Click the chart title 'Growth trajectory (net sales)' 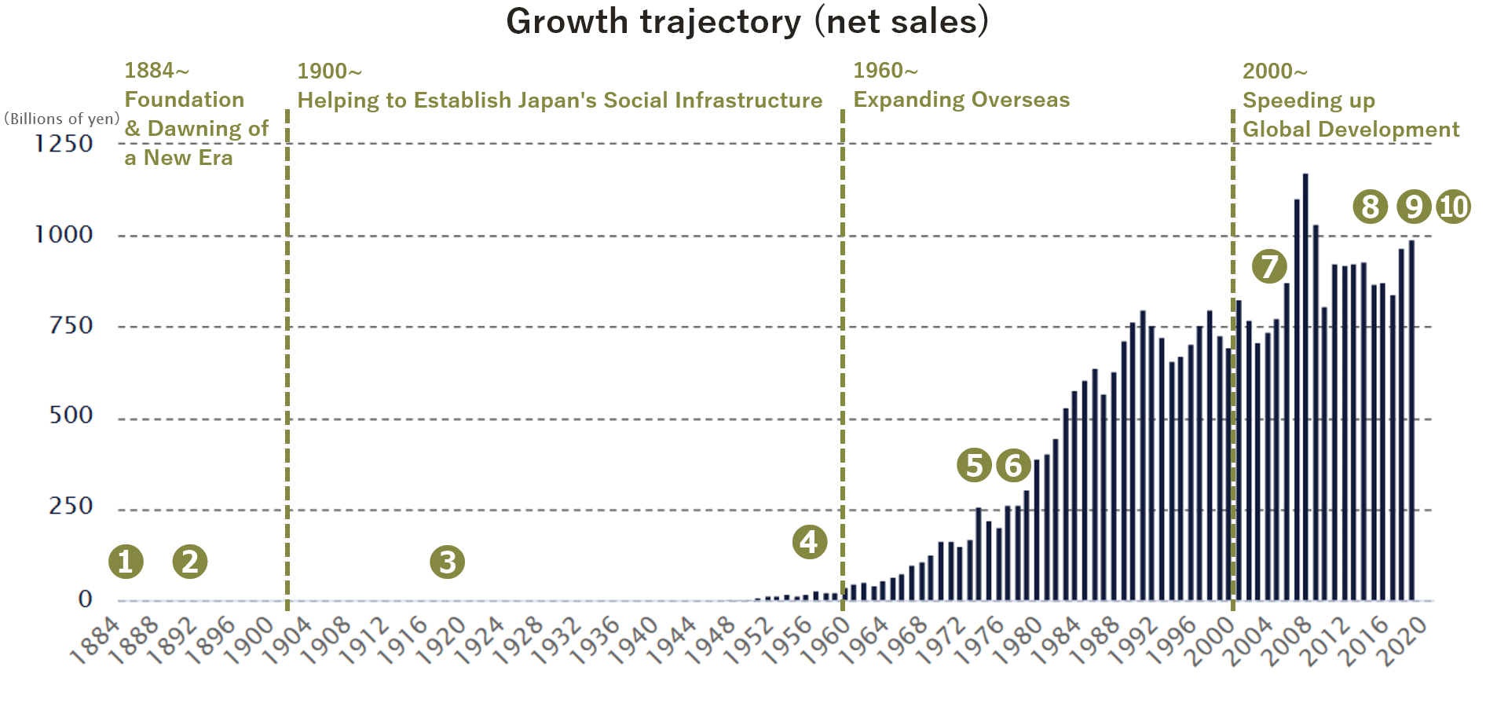point(747,21)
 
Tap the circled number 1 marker point(126,562)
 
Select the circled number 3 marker point(448,562)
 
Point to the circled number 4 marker point(810,542)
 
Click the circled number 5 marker point(975,465)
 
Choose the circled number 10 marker point(1454,207)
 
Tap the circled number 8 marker point(1371,207)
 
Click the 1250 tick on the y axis point(63,144)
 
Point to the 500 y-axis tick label point(71,415)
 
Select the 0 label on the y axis point(85,599)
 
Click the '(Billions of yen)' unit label point(62,119)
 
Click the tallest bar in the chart point(1305,387)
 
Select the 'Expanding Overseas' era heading point(961,100)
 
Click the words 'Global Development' point(1351,130)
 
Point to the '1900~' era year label point(330,71)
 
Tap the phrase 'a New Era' point(178,158)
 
